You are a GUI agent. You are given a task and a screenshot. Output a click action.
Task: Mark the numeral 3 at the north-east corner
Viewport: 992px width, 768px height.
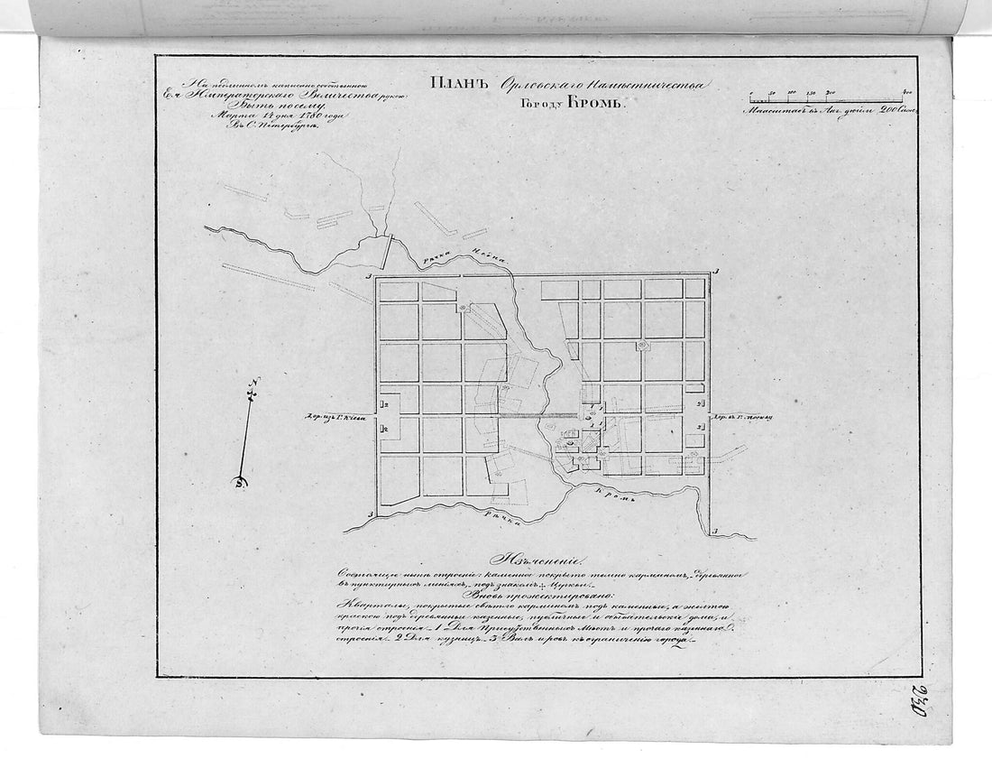tap(715, 272)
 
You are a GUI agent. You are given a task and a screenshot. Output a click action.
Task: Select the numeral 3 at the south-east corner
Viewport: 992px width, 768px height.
tap(715, 531)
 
